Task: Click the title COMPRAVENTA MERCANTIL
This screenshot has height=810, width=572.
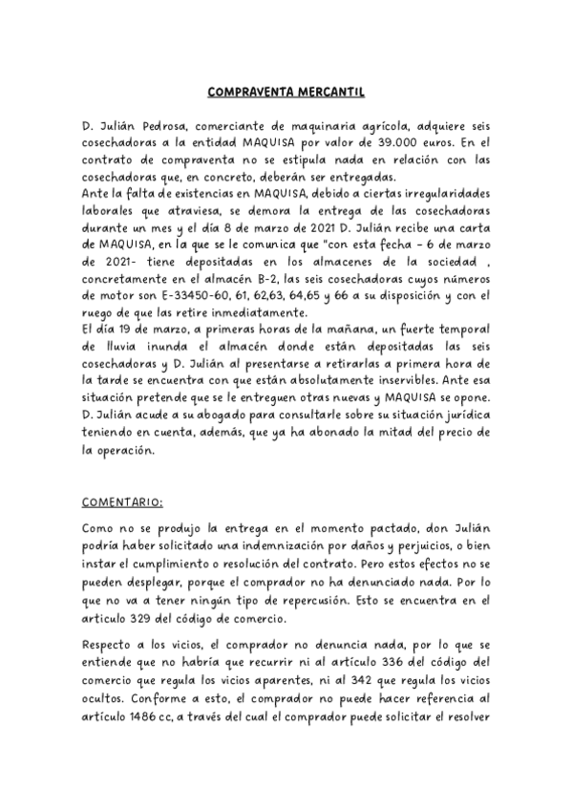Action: tap(286, 93)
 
